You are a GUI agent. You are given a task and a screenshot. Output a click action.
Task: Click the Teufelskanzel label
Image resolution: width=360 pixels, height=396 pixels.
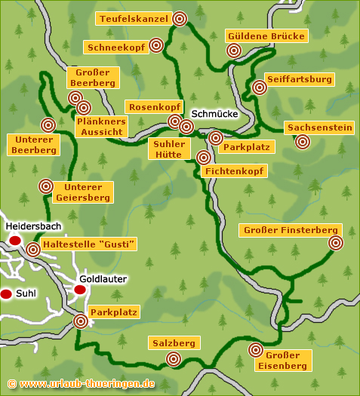point(132,17)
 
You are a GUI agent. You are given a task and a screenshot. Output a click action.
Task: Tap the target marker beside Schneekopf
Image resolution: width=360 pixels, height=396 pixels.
point(156,45)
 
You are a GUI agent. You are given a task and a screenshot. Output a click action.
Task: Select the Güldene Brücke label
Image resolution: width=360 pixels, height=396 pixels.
point(266,36)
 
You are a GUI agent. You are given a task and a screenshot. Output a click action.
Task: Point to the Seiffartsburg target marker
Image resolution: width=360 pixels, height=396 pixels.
point(260,87)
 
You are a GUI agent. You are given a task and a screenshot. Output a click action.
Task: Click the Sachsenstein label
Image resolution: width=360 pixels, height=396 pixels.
point(319,127)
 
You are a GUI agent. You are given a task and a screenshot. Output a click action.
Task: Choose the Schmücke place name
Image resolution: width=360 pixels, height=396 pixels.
point(215,114)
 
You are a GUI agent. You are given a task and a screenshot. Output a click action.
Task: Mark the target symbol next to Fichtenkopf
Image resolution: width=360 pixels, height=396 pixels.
point(203,158)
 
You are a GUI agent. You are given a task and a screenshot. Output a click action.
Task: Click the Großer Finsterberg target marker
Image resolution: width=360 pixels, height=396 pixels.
point(336,243)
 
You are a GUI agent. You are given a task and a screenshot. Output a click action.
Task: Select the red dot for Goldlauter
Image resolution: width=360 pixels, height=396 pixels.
point(80,290)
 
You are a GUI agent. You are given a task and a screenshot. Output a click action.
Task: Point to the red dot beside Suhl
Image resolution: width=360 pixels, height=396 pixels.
point(6,293)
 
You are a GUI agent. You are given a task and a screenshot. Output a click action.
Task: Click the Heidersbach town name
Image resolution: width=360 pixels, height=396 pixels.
point(32,226)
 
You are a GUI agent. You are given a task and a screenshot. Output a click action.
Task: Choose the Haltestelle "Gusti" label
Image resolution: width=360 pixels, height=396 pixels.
point(91,243)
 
